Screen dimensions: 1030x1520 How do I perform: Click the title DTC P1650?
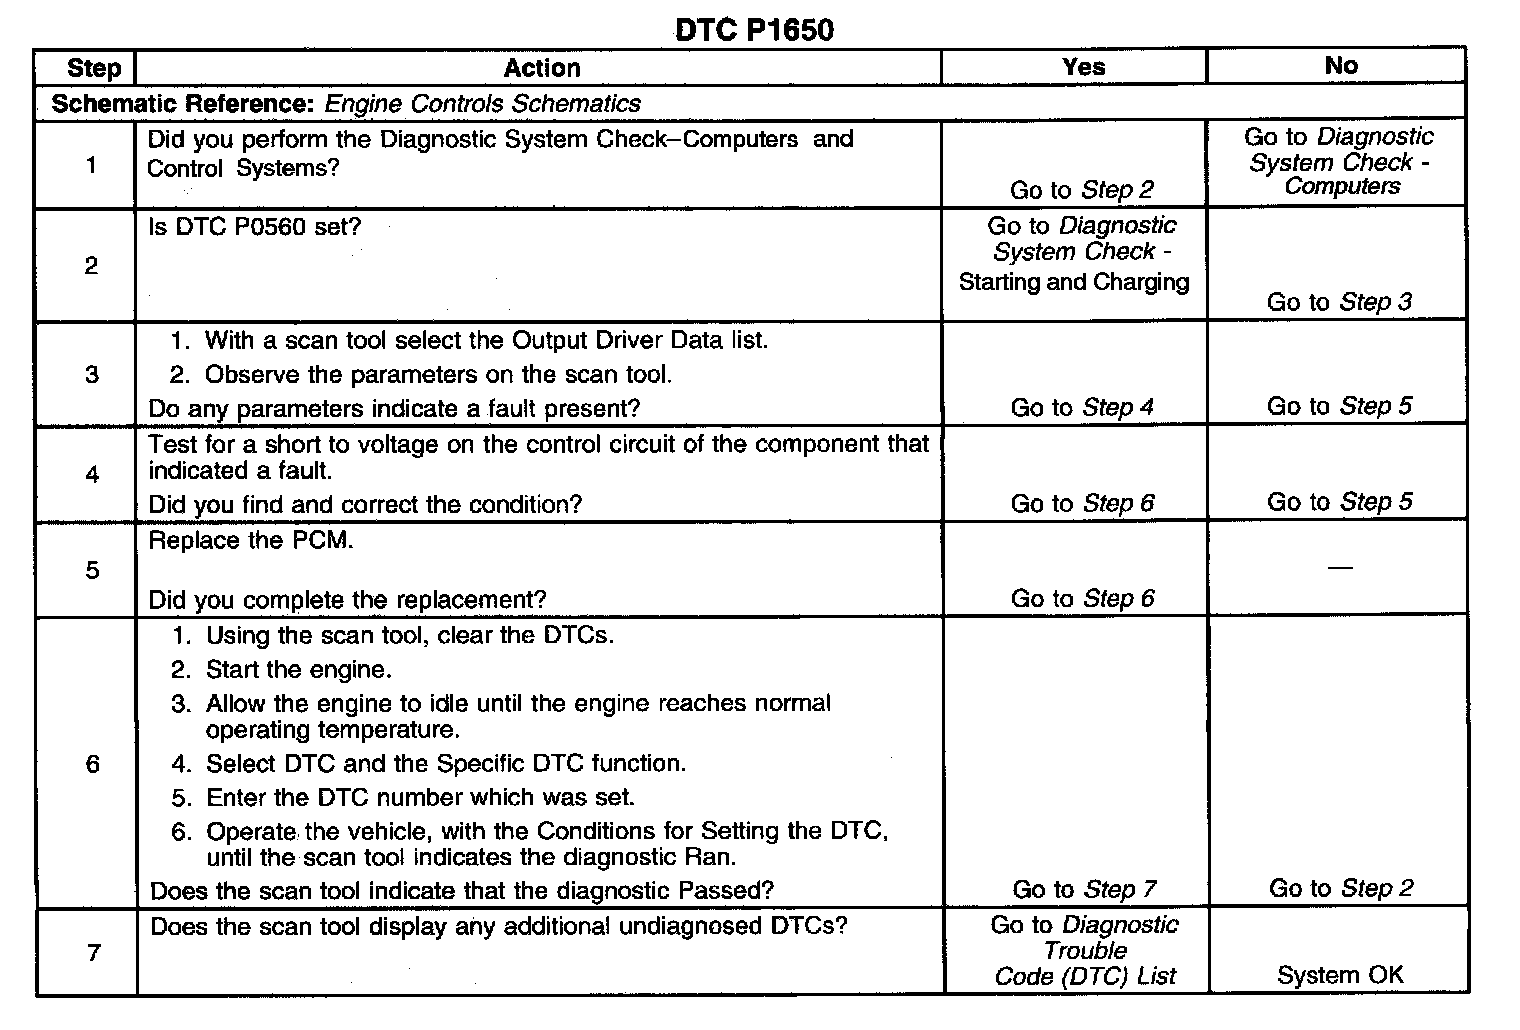pos(754,29)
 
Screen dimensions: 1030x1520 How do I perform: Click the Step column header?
pos(93,68)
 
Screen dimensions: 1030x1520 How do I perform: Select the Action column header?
pos(541,68)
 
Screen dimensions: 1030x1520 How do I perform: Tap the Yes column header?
pos(1083,67)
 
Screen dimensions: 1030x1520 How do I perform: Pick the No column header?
pos(1340,66)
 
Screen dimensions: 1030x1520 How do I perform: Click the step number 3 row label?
pos(92,374)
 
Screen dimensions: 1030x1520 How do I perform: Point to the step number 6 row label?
pos(92,764)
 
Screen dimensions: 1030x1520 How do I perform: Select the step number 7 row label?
pos(93,952)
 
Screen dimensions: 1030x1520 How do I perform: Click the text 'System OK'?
pos(1340,975)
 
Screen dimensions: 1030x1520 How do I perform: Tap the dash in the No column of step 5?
pos(1340,567)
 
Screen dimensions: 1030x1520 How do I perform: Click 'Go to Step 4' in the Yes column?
pos(1082,407)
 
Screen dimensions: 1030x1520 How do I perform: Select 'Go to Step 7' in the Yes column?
pos(1084,889)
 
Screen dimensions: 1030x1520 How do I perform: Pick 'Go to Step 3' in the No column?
pos(1339,302)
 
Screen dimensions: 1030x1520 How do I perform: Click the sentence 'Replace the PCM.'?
pos(251,541)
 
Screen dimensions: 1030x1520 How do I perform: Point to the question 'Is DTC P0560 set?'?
pos(254,227)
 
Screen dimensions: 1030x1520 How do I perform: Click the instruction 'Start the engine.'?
pos(298,669)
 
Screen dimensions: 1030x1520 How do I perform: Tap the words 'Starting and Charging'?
pos(1074,282)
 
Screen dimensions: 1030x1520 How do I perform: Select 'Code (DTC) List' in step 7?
pos(1085,976)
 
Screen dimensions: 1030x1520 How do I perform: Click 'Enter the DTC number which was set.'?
pos(420,797)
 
